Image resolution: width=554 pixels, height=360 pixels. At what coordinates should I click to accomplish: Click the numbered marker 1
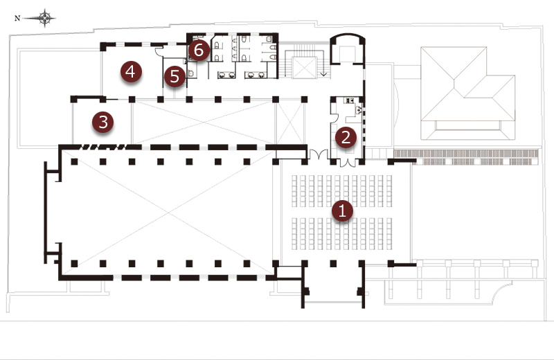coord(342,211)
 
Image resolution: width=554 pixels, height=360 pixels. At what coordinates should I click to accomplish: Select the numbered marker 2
coord(346,137)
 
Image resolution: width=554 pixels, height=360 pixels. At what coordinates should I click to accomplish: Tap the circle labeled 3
coord(102,123)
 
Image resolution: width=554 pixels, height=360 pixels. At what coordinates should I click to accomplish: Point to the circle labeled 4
coord(131,72)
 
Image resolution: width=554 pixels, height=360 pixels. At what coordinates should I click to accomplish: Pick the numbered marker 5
coord(175,77)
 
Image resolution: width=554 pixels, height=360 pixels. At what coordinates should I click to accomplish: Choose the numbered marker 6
coord(199,50)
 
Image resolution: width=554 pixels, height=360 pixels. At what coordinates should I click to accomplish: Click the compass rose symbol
coord(44,18)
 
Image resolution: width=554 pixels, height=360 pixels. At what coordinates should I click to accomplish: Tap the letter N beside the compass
coord(17,19)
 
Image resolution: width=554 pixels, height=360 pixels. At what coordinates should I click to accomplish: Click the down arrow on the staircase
coord(323,73)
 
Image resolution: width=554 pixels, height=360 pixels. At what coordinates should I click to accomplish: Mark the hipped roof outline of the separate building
coord(467,93)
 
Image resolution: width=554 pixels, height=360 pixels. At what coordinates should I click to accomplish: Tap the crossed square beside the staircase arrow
coord(304,67)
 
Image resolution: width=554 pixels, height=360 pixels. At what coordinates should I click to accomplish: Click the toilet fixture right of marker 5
coord(191,73)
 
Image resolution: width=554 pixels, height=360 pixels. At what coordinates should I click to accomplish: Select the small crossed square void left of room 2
coord(289,123)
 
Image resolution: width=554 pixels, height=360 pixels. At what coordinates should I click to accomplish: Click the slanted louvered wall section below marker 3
coord(102,147)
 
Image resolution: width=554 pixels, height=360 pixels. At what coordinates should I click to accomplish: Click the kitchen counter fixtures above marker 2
coord(354,105)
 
